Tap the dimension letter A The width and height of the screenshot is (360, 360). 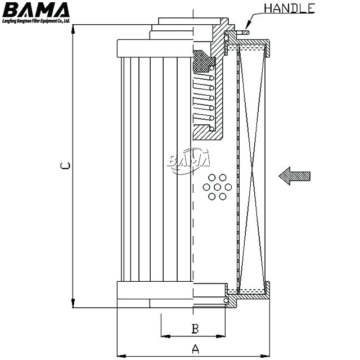[195, 349]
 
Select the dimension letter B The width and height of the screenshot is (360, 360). [195, 328]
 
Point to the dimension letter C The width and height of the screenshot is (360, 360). [65, 166]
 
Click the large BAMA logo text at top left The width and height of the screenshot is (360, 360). [37, 10]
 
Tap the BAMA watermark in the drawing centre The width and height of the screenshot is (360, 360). [188, 159]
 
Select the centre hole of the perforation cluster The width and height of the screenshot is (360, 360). [218, 187]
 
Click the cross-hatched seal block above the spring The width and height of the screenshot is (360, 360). [203, 62]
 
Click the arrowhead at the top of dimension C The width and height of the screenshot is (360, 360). [73, 28]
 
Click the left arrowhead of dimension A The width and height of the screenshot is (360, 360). [120, 355]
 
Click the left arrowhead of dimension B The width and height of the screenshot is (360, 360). [164, 336]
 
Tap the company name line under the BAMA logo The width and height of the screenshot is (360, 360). [37, 21]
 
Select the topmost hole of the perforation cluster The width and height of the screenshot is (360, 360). [218, 176]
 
